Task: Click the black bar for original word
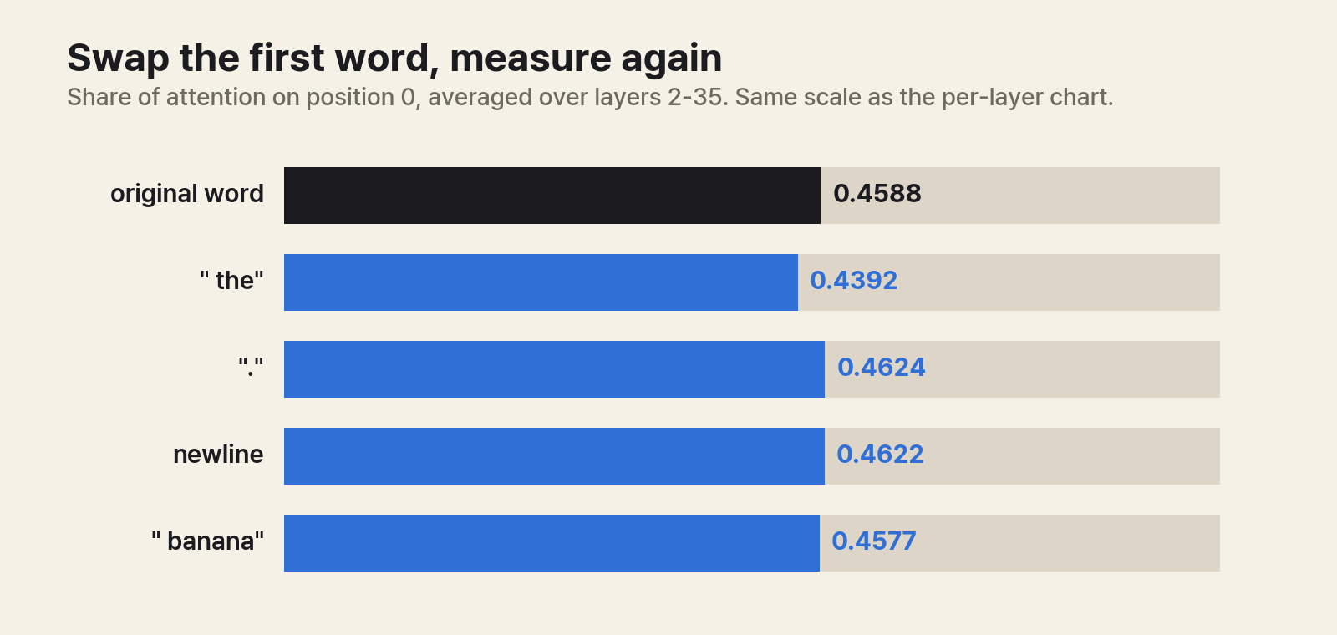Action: click(x=552, y=196)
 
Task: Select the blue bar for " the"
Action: click(x=541, y=282)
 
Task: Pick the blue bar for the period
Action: click(x=555, y=368)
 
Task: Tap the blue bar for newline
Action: click(x=555, y=456)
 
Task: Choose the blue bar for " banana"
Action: click(x=552, y=543)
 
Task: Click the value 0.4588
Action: click(x=877, y=194)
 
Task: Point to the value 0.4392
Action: click(x=853, y=281)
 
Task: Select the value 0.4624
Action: click(x=881, y=368)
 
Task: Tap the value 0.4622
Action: click(x=880, y=455)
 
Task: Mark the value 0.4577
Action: click(x=874, y=541)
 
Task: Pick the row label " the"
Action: click(x=231, y=281)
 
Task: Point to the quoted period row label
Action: click(x=251, y=367)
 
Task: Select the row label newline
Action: click(x=218, y=455)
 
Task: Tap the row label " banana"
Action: click(x=207, y=541)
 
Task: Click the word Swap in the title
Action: click(x=118, y=59)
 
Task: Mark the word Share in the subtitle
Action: click(x=99, y=97)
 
